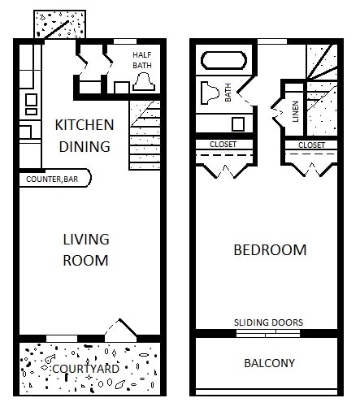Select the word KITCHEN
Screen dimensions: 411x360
tap(84, 126)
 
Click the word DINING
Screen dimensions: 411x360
tap(84, 147)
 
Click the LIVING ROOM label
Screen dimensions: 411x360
tap(86, 249)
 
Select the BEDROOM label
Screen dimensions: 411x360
tap(270, 250)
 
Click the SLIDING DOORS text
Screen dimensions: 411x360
tap(268, 322)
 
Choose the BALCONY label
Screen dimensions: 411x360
tap(269, 363)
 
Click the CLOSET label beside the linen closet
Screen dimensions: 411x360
tap(311, 145)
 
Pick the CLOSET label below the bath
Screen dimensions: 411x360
tap(223, 145)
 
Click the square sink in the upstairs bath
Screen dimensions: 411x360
tap(239, 123)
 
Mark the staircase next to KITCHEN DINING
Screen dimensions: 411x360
tap(147, 136)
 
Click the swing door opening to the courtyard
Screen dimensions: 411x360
tap(120, 329)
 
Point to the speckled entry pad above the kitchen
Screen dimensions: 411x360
tap(58, 25)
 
